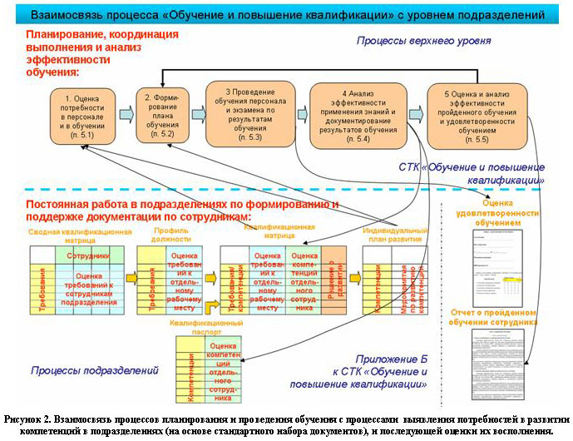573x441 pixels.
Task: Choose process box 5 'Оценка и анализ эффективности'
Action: click(477, 113)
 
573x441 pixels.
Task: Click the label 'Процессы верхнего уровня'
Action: click(424, 40)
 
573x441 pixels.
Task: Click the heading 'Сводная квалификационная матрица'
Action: click(80, 234)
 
